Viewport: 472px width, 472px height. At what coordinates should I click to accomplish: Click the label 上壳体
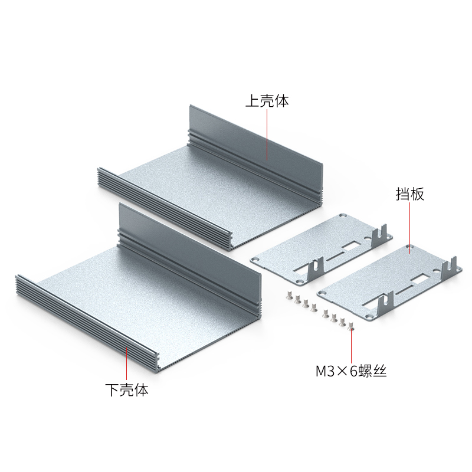click(x=267, y=101)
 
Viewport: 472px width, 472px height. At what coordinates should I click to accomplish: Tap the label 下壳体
click(x=127, y=390)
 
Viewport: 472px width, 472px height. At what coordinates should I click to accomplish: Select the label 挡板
click(x=409, y=194)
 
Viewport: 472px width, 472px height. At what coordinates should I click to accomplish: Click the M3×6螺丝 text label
click(x=351, y=371)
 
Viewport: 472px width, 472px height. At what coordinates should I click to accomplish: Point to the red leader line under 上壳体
click(x=267, y=135)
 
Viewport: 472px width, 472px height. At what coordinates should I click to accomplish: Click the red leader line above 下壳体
click(x=126, y=363)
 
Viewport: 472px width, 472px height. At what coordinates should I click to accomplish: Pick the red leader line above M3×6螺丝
click(x=351, y=346)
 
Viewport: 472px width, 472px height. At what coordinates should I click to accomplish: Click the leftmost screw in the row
click(x=290, y=296)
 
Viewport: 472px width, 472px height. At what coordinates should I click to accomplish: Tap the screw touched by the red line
click(x=350, y=325)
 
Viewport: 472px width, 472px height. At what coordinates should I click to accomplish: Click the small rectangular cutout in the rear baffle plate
click(x=350, y=247)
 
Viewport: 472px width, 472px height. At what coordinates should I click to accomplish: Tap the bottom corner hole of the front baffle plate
click(x=369, y=316)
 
